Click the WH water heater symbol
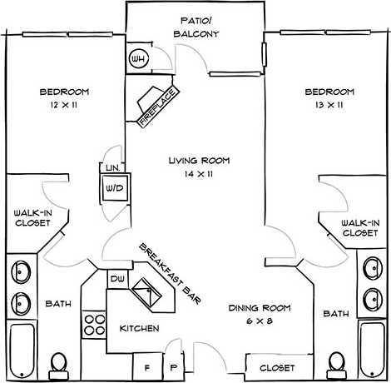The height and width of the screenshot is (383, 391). click(x=138, y=60)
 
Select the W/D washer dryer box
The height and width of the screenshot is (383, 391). click(x=112, y=189)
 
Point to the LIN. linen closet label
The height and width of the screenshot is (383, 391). click(x=112, y=168)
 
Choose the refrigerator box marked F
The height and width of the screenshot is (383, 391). click(x=146, y=366)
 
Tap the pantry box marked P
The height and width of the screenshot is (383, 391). click(x=173, y=366)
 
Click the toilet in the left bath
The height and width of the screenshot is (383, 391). click(x=58, y=362)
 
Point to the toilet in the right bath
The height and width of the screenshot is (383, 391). click(x=335, y=362)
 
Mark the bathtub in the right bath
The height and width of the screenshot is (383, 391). click(x=372, y=351)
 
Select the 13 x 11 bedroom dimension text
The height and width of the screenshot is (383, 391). click(x=329, y=107)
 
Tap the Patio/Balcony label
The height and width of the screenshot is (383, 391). click(x=196, y=27)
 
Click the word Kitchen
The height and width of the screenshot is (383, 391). click(x=138, y=328)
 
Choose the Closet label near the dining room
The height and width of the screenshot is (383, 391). click(x=276, y=366)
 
